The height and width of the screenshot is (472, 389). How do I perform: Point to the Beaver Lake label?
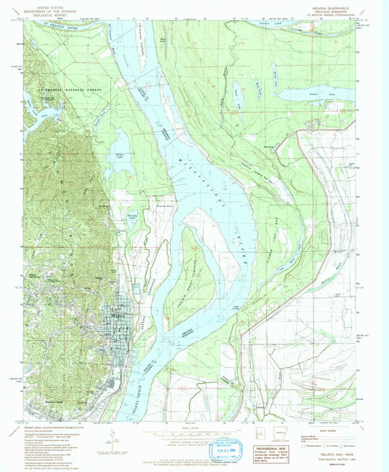[x=238, y=91]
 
